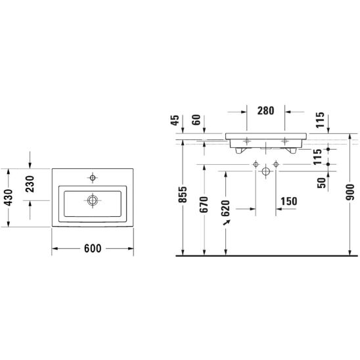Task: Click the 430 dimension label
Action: [x=9, y=198]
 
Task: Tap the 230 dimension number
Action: [x=30, y=184]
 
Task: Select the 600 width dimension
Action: [x=93, y=248]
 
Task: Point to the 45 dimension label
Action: [x=175, y=120]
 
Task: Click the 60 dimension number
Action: [x=196, y=120]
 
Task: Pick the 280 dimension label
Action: [x=265, y=110]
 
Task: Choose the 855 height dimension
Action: [x=183, y=194]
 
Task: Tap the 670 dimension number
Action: [x=204, y=204]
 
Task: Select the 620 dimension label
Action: [x=225, y=208]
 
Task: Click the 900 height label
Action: [x=350, y=192]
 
